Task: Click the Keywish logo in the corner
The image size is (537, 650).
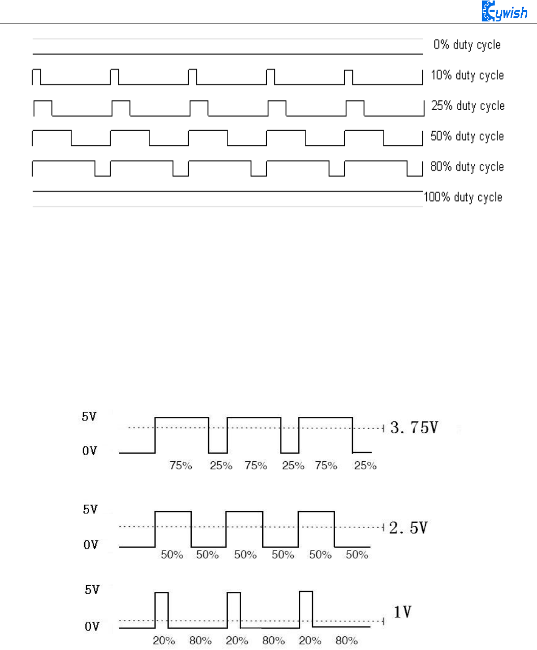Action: click(x=504, y=11)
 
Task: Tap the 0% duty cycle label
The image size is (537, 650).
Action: click(x=467, y=45)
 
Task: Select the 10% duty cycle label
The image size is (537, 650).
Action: click(x=467, y=76)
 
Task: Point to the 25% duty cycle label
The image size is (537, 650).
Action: click(x=468, y=106)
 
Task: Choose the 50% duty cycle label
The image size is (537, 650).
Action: click(x=467, y=136)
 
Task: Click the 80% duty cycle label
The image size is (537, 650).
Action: click(x=467, y=167)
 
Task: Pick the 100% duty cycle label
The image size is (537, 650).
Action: click(x=463, y=197)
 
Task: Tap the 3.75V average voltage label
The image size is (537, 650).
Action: click(x=414, y=428)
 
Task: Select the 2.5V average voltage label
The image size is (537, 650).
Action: click(x=408, y=528)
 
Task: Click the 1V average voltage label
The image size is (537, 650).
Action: click(x=402, y=612)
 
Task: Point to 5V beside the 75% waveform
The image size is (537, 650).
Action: click(x=89, y=417)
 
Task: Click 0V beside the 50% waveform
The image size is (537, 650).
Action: click(x=90, y=545)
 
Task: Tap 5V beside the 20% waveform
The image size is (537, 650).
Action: click(x=92, y=590)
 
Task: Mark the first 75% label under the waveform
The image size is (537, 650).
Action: click(x=181, y=465)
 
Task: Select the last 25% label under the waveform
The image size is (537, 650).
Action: click(x=365, y=465)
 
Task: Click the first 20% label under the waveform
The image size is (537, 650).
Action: click(x=164, y=640)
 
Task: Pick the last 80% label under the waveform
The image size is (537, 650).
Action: click(x=346, y=640)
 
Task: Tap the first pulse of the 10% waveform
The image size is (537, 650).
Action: click(x=36, y=76)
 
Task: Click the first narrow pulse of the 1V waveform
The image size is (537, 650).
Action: click(x=162, y=610)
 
